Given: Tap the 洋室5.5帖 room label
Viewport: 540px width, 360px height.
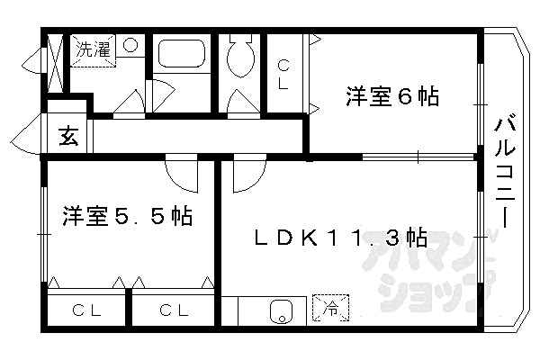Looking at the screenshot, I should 127,217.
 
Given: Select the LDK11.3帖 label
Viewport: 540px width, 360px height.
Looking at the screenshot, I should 339,238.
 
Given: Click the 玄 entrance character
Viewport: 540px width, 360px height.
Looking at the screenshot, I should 67,137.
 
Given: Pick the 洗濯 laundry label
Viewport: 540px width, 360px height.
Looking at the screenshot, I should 93,49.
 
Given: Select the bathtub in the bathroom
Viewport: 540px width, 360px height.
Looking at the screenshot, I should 182,56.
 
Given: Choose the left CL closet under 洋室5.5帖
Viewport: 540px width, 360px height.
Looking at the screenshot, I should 86,311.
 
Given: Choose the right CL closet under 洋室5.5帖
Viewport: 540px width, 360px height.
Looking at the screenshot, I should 174,311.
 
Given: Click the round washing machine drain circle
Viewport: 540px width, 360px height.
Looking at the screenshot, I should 130,45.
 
